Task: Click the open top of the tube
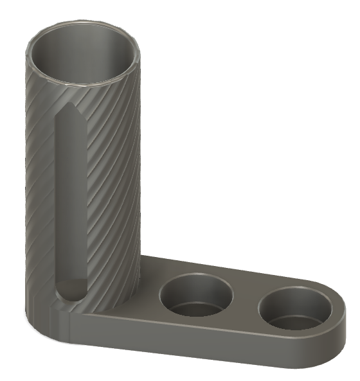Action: click(x=83, y=55)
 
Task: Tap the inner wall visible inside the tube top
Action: click(x=84, y=45)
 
